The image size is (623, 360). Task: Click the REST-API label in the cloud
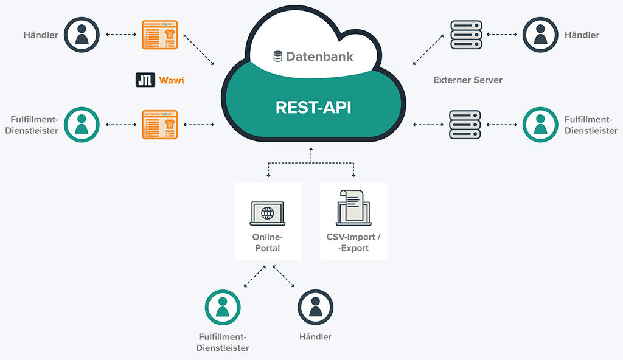point(313,107)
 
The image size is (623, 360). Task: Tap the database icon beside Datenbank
point(277,57)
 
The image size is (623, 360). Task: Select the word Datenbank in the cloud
point(319,57)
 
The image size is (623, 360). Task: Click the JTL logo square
point(145,80)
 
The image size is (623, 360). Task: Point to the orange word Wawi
point(172,80)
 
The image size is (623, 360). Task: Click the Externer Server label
point(467,80)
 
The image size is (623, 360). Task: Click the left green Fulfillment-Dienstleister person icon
point(82,124)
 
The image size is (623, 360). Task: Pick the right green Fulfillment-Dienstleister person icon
point(540,124)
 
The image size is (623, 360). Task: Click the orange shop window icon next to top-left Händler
point(159,35)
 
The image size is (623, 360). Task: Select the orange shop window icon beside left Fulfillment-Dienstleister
point(159,125)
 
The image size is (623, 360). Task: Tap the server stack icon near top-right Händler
point(465,35)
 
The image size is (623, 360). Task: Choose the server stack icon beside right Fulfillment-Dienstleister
point(465,125)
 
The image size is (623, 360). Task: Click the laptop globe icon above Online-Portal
point(268,213)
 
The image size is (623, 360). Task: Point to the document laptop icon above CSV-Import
point(353,207)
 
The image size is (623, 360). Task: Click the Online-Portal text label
point(268,243)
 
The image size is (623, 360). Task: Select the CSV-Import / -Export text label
point(353,243)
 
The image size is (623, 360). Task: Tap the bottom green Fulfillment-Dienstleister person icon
point(222,307)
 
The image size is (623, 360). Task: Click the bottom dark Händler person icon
point(315,307)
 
